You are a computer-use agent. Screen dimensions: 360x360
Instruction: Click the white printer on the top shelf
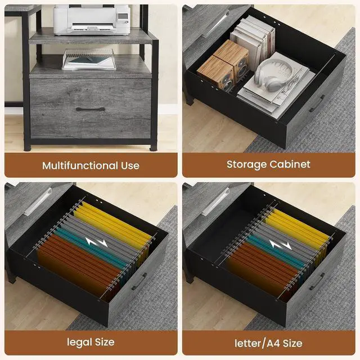pos(92,20)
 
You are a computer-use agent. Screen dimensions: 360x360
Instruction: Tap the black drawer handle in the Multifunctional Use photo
pos(90,109)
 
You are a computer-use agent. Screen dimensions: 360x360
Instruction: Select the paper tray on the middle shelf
pos(89,60)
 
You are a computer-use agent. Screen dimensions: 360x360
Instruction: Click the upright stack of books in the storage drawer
pos(253,41)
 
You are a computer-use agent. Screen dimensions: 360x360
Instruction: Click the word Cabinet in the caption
pos(290,164)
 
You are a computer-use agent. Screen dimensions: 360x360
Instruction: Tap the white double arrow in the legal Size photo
pos(96,242)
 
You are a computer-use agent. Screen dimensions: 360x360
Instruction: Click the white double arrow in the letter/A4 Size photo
pos(281,245)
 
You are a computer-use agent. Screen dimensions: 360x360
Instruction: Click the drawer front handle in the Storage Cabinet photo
pos(317,103)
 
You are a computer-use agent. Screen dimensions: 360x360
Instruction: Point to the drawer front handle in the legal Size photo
pos(139,281)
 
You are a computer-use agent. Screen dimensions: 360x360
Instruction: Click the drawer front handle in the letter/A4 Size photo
pos(317,281)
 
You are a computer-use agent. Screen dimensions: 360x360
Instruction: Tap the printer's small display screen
pos(123,16)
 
